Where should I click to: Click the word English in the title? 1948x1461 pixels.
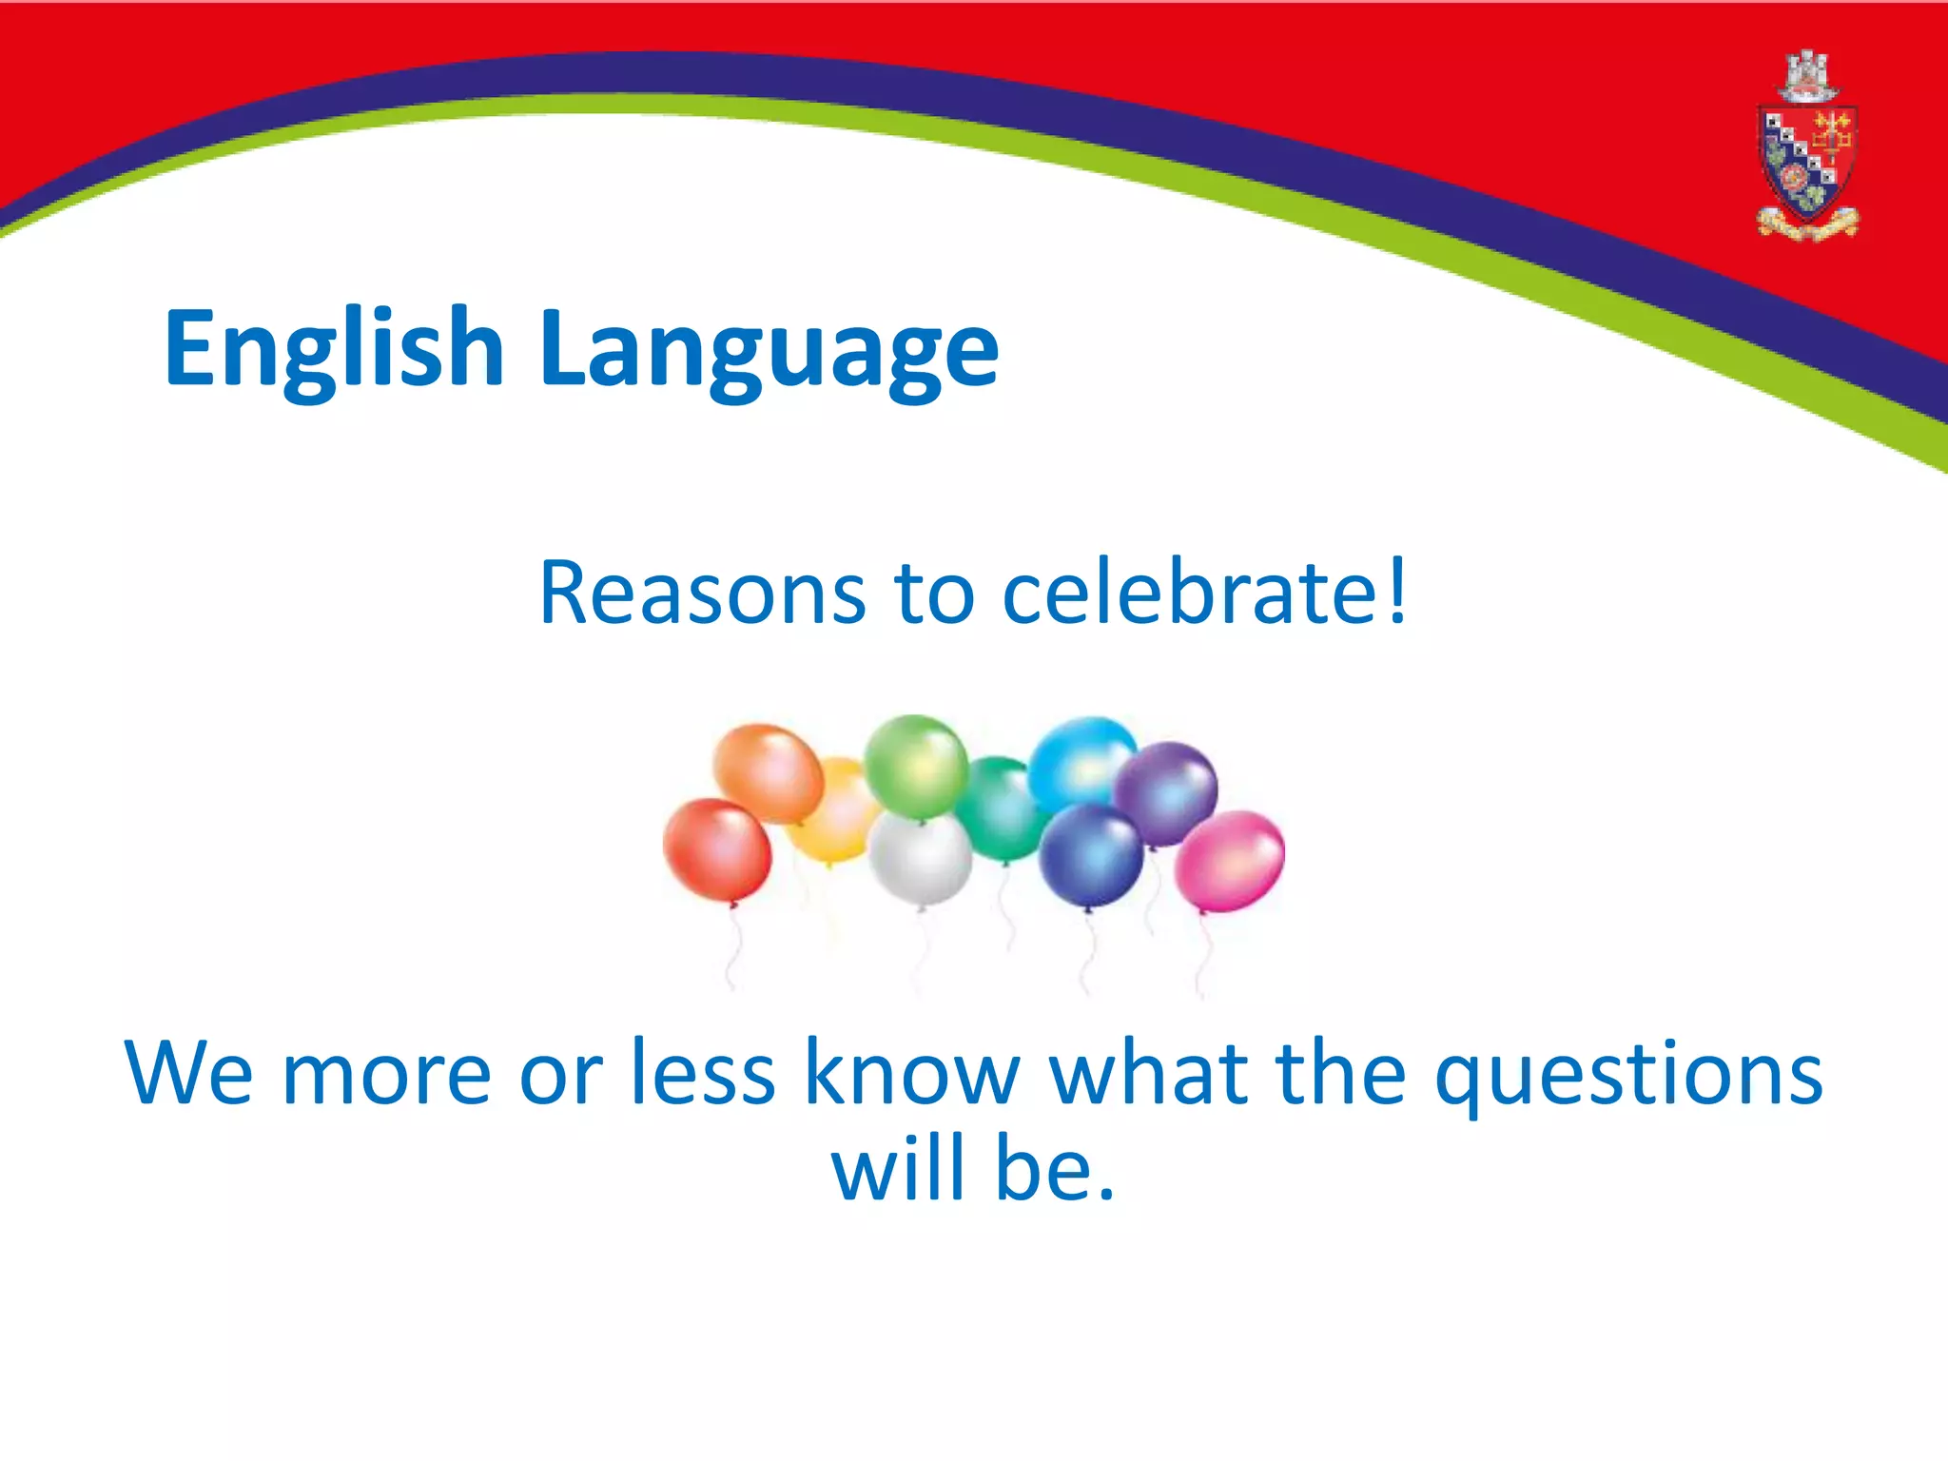click(x=333, y=350)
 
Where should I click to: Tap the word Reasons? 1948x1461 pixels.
click(x=702, y=594)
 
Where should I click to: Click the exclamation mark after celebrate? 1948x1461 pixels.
click(x=1395, y=590)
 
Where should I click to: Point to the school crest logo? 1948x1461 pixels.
click(x=1806, y=147)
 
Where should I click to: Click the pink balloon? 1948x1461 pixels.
click(x=1230, y=861)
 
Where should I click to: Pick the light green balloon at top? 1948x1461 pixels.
click(x=915, y=766)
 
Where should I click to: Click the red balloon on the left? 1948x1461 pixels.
click(x=716, y=849)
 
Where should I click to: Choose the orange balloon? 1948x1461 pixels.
click(x=769, y=773)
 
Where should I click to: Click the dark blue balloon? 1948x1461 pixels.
click(x=1091, y=854)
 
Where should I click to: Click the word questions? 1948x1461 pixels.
click(x=1628, y=1075)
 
